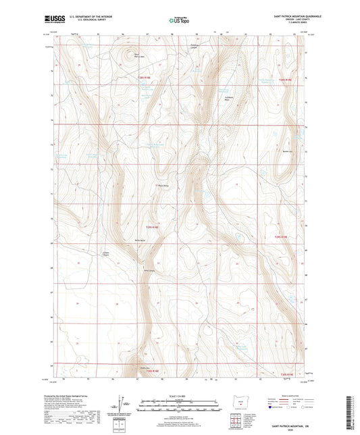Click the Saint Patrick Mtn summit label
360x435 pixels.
(138, 55)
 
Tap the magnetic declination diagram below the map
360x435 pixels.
(123, 406)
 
